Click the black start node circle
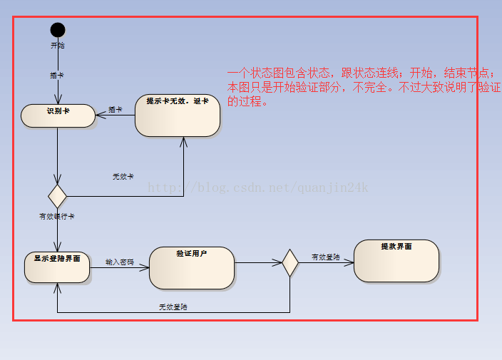coord(58,30)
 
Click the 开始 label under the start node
coord(58,45)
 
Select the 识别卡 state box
coord(58,115)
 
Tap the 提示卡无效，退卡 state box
coord(178,115)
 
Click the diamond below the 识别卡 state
coord(57,195)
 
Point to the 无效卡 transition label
coord(123,176)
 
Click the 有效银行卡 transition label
coord(57,216)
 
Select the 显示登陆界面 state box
coord(57,267)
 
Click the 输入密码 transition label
coord(119,262)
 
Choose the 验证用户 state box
coord(192,267)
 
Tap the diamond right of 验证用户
coord(290,263)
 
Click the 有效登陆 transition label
coord(325,257)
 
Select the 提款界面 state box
coord(396,260)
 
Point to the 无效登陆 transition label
coord(173,307)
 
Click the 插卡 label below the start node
coord(57,74)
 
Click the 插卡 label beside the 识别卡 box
coord(115,110)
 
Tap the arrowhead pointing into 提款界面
coord(349,263)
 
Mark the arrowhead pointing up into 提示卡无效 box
coord(184,141)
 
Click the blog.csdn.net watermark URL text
coord(257,187)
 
